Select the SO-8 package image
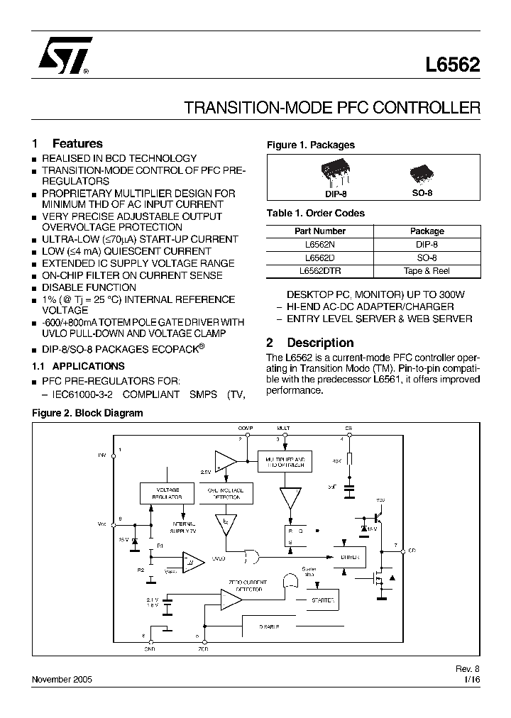tap(422, 175)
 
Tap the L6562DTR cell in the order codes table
tap(319, 270)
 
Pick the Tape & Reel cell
tap(427, 270)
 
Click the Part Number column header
tap(319, 231)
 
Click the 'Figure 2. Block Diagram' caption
tap(87, 413)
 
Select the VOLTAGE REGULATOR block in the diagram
tap(167, 493)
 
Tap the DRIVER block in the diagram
tap(350, 557)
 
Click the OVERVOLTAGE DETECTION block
tap(226, 493)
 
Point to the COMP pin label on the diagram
tap(246, 429)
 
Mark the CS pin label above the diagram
tap(348, 429)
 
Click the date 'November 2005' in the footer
tap(62, 679)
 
